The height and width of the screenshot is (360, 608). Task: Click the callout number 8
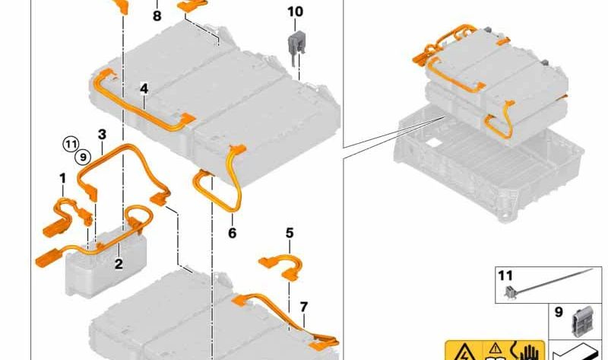(x=157, y=15)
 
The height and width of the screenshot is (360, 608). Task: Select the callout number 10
(x=295, y=11)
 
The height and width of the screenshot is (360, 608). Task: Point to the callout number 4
(x=144, y=89)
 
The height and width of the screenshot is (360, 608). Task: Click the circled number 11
(x=71, y=142)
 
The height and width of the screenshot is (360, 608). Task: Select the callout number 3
(x=102, y=134)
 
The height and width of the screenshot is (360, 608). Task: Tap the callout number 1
(x=62, y=177)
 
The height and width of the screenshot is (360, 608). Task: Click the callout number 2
(x=119, y=264)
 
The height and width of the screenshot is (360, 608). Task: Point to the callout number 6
(x=233, y=233)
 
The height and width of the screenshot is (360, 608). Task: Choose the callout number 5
(x=290, y=232)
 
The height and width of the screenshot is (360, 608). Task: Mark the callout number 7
(x=303, y=307)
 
